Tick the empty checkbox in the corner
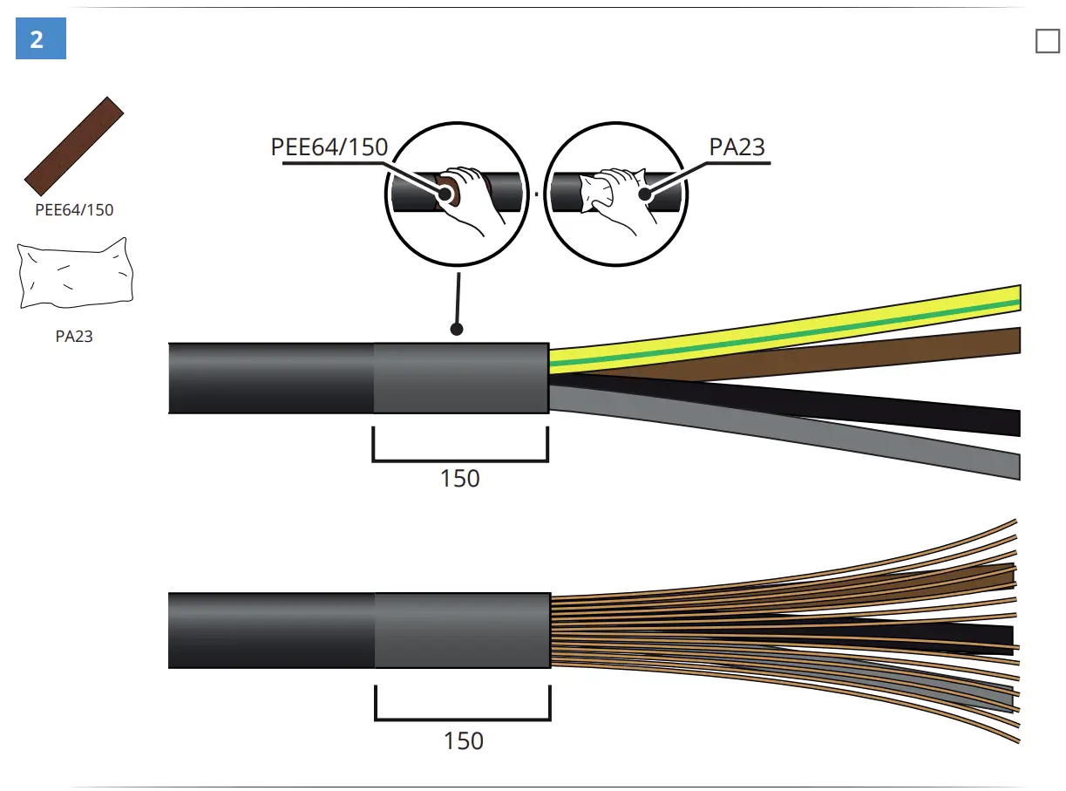click(x=1047, y=40)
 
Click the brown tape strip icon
click(x=74, y=146)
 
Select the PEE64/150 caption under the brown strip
click(x=74, y=210)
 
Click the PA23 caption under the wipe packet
click(x=74, y=336)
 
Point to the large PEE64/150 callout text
click(x=329, y=147)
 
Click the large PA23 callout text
click(x=737, y=147)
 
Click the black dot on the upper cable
click(x=455, y=329)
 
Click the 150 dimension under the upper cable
click(x=459, y=479)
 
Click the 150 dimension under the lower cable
click(x=463, y=741)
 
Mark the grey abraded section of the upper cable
click(x=460, y=378)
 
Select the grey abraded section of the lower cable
click(x=462, y=630)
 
